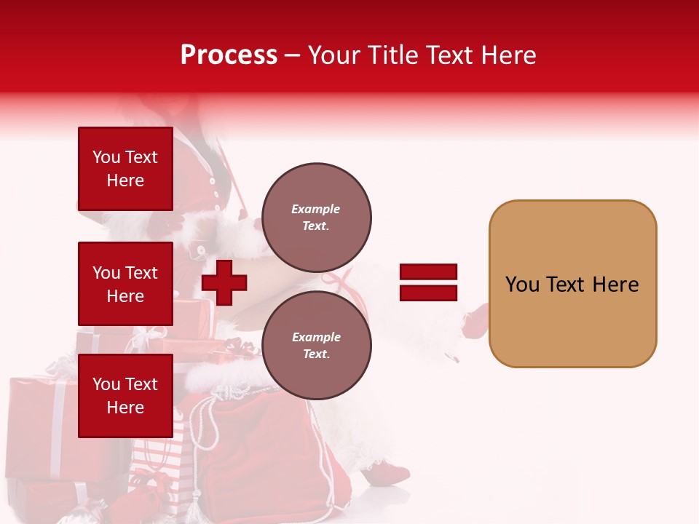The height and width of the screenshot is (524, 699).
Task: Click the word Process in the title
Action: pyautogui.click(x=229, y=55)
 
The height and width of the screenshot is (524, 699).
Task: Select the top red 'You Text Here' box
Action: pyautogui.click(x=125, y=169)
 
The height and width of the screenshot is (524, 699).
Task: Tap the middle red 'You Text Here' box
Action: pyautogui.click(x=125, y=284)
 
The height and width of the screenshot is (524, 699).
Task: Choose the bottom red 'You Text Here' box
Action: pyautogui.click(x=125, y=396)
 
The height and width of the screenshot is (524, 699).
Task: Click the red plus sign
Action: pyautogui.click(x=224, y=282)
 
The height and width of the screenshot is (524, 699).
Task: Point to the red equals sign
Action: pyautogui.click(x=428, y=282)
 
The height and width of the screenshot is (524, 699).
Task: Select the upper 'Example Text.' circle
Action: pyautogui.click(x=316, y=217)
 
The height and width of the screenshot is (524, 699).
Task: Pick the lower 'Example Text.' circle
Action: pyautogui.click(x=316, y=346)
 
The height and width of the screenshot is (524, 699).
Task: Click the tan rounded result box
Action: pyautogui.click(x=572, y=284)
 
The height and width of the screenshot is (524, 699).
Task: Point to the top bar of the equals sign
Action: pyautogui.click(x=428, y=272)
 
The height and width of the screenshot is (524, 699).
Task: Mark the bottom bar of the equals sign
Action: pyautogui.click(x=428, y=293)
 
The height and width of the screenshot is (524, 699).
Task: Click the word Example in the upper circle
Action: pyautogui.click(x=316, y=209)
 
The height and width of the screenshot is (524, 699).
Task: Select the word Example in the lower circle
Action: pyautogui.click(x=316, y=337)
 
